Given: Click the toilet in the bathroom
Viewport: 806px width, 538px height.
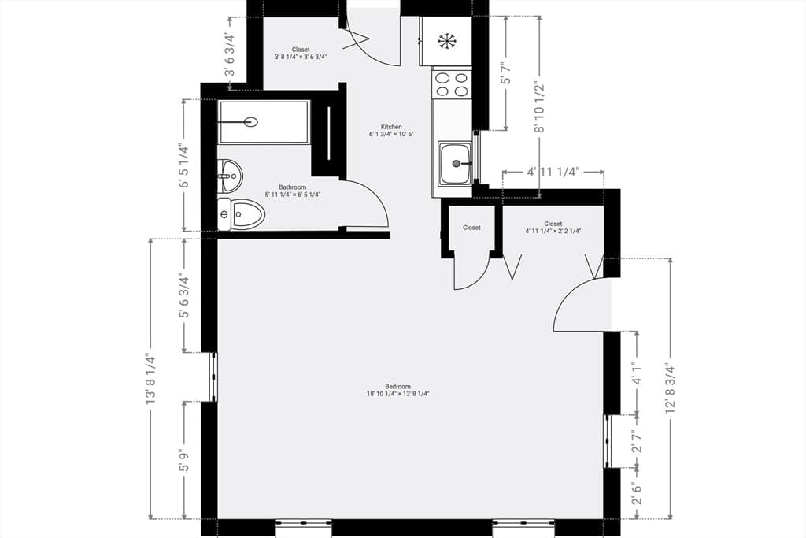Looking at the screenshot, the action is pyautogui.click(x=241, y=214).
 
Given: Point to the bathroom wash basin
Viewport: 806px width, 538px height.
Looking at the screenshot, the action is pyautogui.click(x=230, y=176).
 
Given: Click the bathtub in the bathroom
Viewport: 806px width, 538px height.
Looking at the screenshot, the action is pyautogui.click(x=264, y=122).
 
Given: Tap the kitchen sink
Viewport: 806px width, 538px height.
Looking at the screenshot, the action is pyautogui.click(x=455, y=164).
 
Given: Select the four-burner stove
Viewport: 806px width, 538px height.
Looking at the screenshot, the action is pyautogui.click(x=453, y=84).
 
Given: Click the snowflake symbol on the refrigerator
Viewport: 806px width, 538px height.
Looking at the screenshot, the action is pyautogui.click(x=447, y=41).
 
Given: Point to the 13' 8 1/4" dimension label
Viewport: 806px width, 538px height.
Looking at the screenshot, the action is pyautogui.click(x=150, y=378).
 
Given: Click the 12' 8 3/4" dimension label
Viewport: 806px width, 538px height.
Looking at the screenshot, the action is pyautogui.click(x=670, y=388).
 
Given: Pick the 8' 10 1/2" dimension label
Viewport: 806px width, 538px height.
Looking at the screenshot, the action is pyautogui.click(x=539, y=106).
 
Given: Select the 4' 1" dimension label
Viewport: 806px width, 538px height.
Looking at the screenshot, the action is pyautogui.click(x=638, y=373).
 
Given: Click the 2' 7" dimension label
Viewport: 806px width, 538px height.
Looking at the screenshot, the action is pyautogui.click(x=638, y=442).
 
